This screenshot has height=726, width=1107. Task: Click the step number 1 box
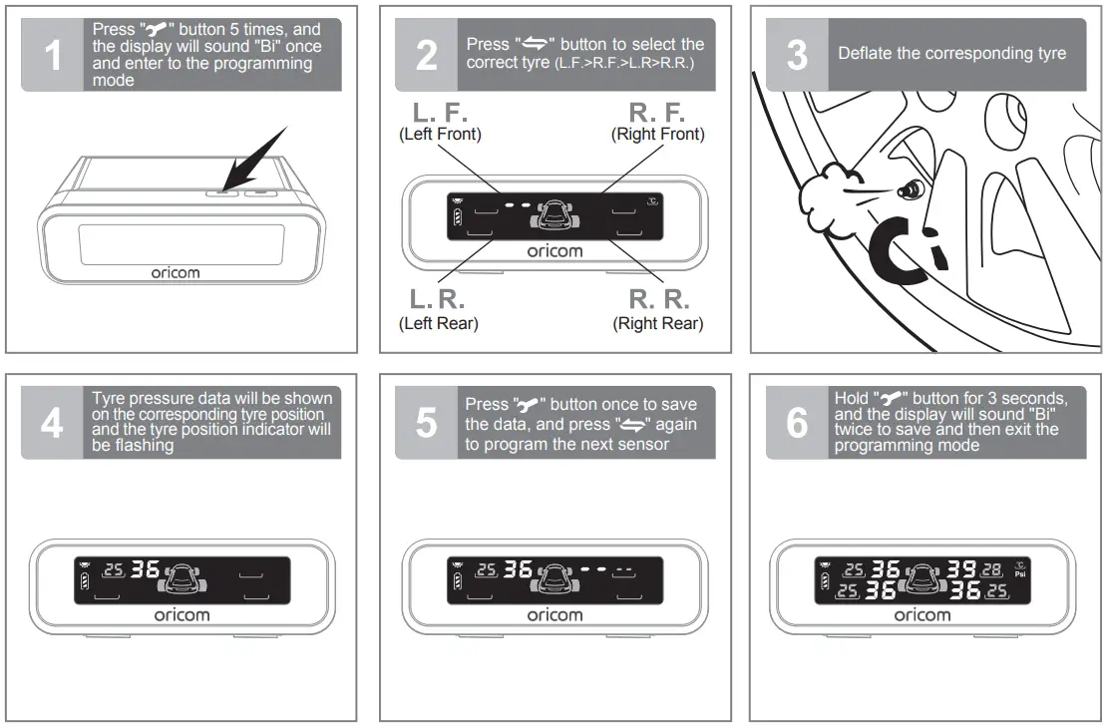[52, 55]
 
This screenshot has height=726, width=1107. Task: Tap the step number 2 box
[426, 55]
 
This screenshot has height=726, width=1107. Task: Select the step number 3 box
[797, 55]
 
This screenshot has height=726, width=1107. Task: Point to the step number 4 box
[52, 423]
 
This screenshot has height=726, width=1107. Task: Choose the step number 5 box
[426, 423]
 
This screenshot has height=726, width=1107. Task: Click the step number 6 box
[797, 423]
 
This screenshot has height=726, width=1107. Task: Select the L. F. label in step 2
[440, 112]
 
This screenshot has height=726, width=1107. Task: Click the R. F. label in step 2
[657, 112]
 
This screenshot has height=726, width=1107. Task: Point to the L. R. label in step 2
[439, 299]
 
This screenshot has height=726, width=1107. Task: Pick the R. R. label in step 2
[657, 299]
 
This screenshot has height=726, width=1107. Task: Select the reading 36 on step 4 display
[145, 570]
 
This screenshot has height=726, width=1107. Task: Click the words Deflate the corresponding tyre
[951, 54]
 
